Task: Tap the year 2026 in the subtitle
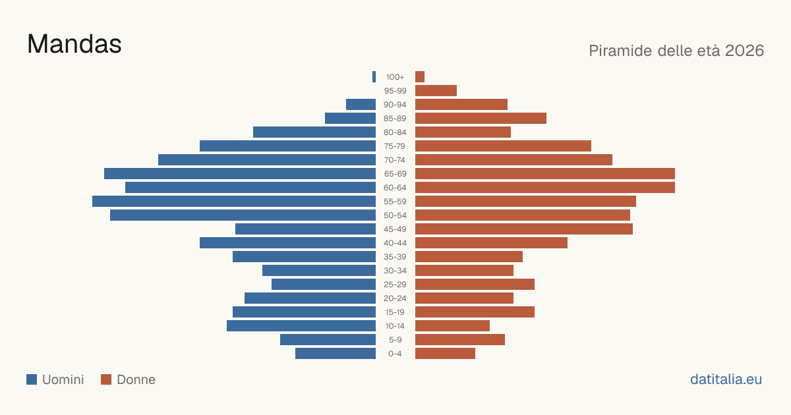pyautogui.click(x=744, y=51)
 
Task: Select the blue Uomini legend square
pyautogui.click(x=32, y=379)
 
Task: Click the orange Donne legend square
pyautogui.click(x=106, y=379)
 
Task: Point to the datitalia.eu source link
pyautogui.click(x=726, y=379)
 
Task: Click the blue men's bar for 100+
pyautogui.click(x=374, y=76)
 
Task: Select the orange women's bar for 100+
pyautogui.click(x=420, y=76)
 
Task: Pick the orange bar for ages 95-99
pyautogui.click(x=436, y=90)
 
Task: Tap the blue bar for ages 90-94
pyautogui.click(x=361, y=105)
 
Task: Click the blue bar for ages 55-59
pyautogui.click(x=234, y=201)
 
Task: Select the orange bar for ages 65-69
pyautogui.click(x=545, y=174)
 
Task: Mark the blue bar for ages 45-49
pyautogui.click(x=305, y=229)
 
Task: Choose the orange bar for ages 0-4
pyautogui.click(x=445, y=353)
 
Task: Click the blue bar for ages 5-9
pyautogui.click(x=328, y=339)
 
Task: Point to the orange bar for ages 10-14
pyautogui.click(x=452, y=325)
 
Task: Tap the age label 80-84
pyautogui.click(x=395, y=132)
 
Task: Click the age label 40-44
pyautogui.click(x=395, y=243)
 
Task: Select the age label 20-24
pyautogui.click(x=395, y=298)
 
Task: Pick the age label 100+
pyautogui.click(x=395, y=77)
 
